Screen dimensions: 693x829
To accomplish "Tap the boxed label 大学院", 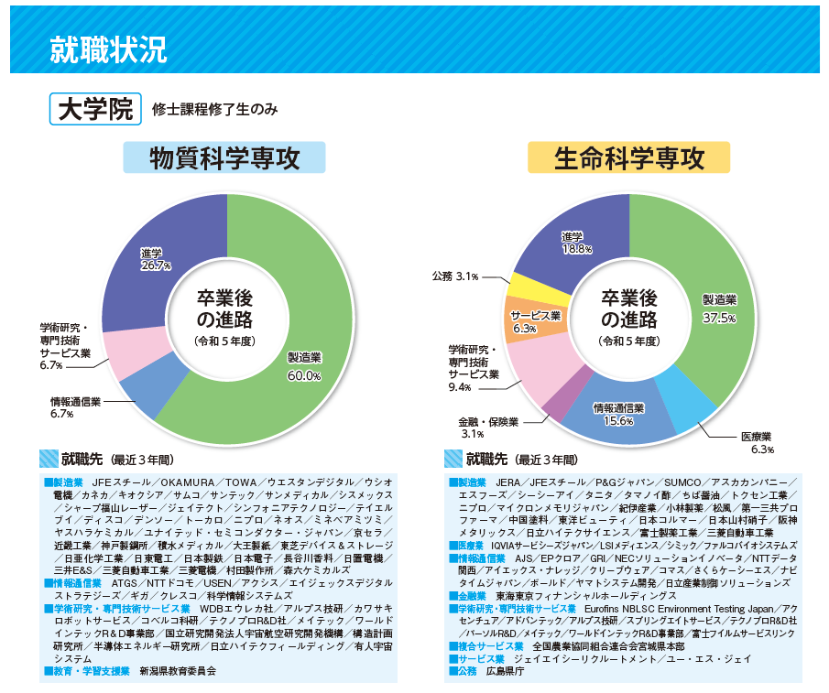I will click(95, 109).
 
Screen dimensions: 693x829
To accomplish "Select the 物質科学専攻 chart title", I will click(224, 158).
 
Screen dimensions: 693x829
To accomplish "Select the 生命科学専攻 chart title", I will click(628, 158).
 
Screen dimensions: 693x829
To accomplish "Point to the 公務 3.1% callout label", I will click(455, 276).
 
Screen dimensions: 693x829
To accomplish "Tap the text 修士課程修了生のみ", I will click(215, 110).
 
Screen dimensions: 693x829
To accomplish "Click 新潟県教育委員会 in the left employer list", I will click(178, 670).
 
